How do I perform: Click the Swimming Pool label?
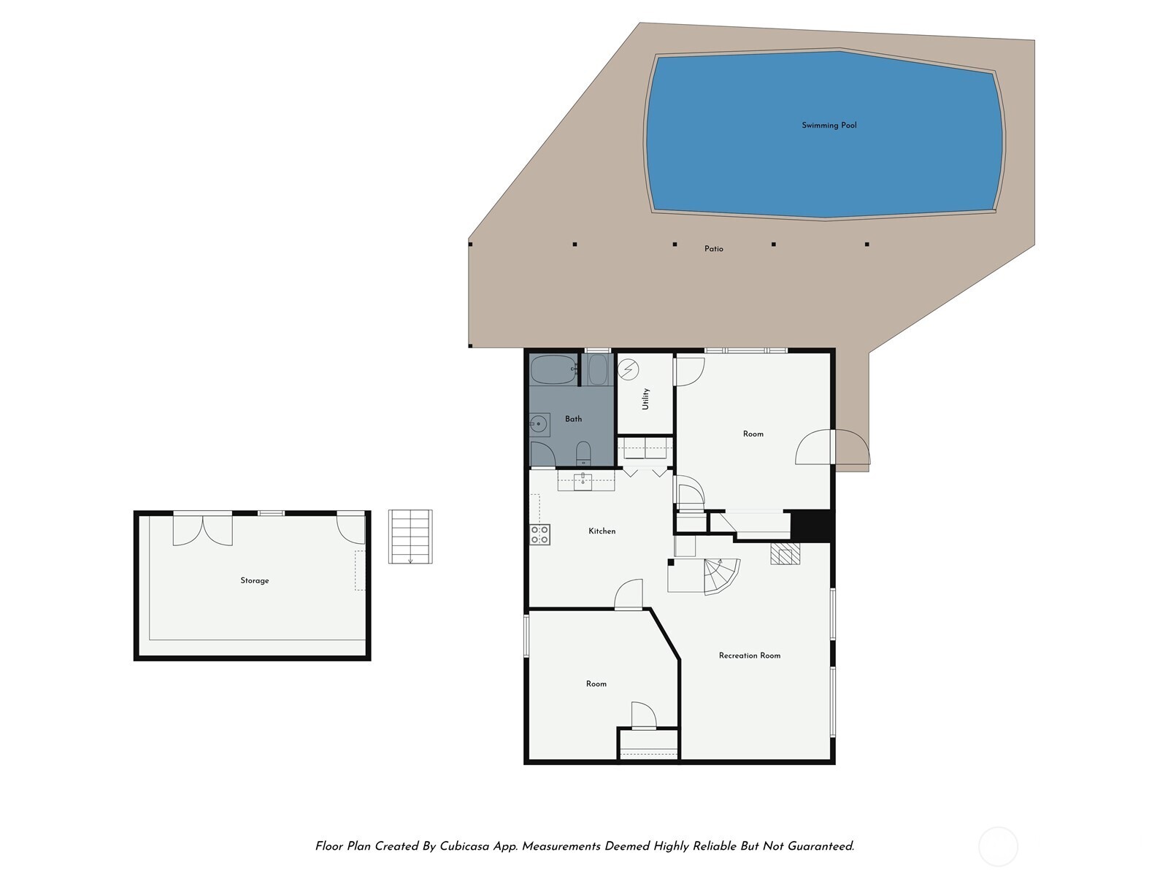(829, 126)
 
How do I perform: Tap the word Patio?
(713, 249)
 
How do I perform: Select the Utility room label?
(645, 399)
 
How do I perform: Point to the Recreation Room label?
(749, 656)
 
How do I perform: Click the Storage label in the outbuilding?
(255, 581)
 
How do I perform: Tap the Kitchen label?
(602, 531)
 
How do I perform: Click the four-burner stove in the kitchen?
(539, 535)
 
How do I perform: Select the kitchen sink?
(583, 480)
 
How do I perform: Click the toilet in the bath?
(583, 453)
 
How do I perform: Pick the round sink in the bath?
(539, 423)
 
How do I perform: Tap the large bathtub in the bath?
(553, 371)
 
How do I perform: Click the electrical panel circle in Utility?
(628, 369)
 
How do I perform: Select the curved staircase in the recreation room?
(720, 575)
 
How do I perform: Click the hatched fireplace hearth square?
(785, 554)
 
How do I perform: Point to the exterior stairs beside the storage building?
(410, 537)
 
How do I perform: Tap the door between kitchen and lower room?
(629, 595)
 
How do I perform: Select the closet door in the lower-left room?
(644, 716)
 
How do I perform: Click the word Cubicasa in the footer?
(466, 847)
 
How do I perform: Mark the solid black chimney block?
(812, 526)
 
